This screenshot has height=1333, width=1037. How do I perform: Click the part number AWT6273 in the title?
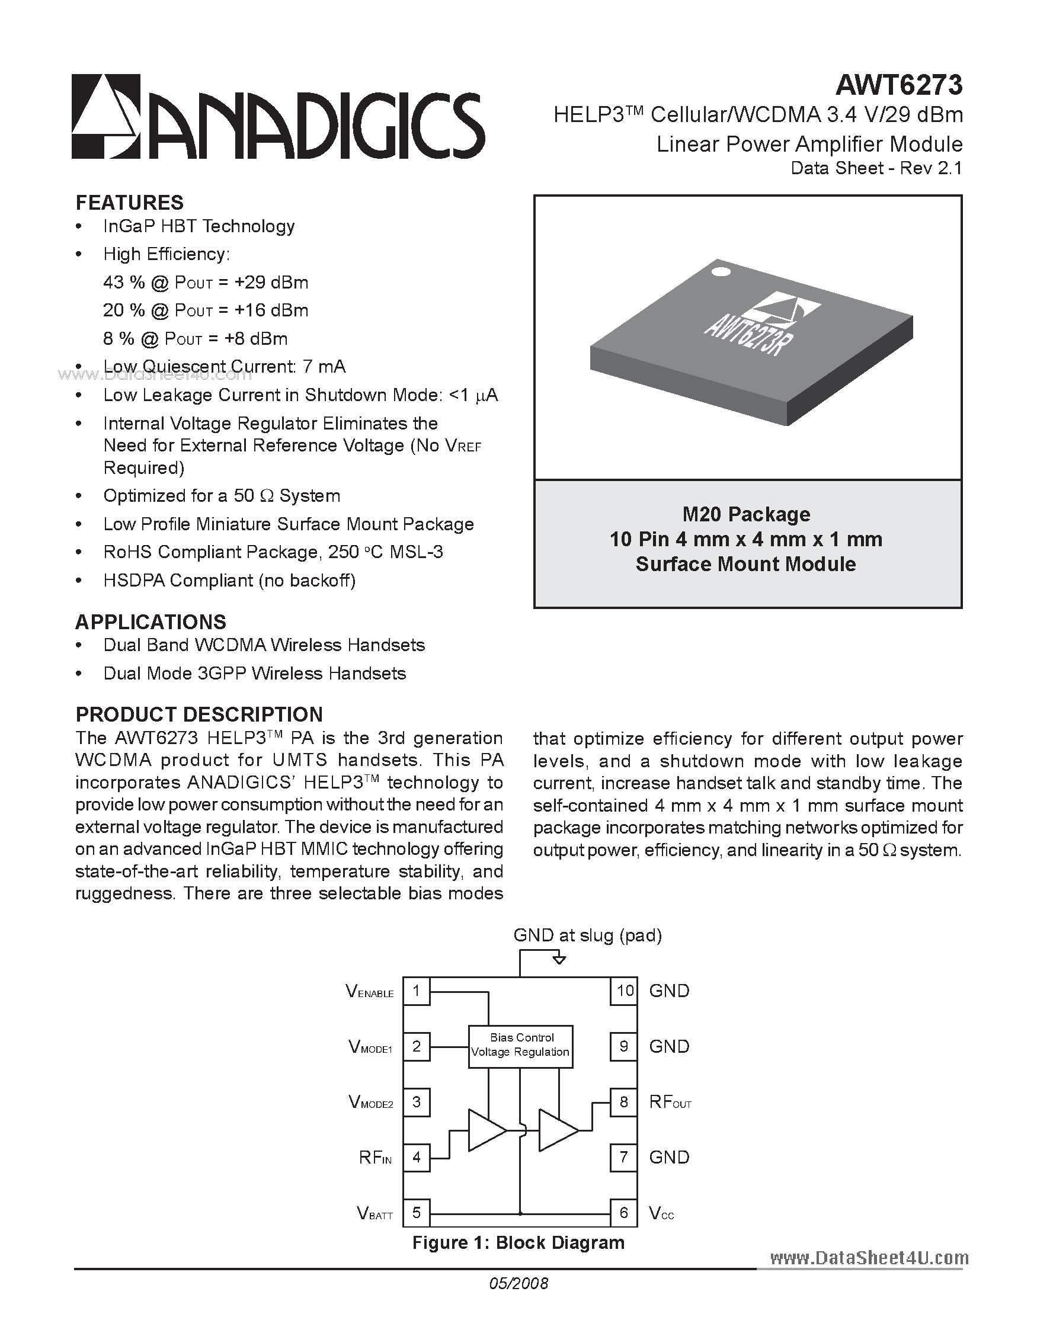click(x=898, y=86)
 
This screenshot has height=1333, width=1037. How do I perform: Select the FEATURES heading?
click(x=129, y=203)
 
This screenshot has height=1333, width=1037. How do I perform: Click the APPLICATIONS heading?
click(x=151, y=622)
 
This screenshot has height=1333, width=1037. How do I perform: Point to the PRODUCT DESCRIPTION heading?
click(x=199, y=714)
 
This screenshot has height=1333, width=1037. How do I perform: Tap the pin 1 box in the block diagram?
click(x=416, y=991)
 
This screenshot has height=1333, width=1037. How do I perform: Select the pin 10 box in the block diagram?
click(x=625, y=991)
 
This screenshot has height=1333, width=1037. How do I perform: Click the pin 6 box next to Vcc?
click(x=624, y=1213)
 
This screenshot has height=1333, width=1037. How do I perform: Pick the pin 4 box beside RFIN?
click(x=416, y=1157)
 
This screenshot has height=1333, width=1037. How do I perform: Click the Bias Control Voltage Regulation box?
click(x=521, y=1047)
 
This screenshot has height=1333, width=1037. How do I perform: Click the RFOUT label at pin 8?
click(x=670, y=1103)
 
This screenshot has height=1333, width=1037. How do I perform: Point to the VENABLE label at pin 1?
click(x=370, y=992)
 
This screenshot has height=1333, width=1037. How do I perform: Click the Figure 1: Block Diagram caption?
click(x=518, y=1243)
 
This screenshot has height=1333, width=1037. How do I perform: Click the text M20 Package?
click(x=747, y=514)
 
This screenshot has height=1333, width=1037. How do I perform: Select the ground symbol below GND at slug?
click(x=558, y=960)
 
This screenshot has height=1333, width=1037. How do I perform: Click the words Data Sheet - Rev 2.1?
click(x=876, y=168)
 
